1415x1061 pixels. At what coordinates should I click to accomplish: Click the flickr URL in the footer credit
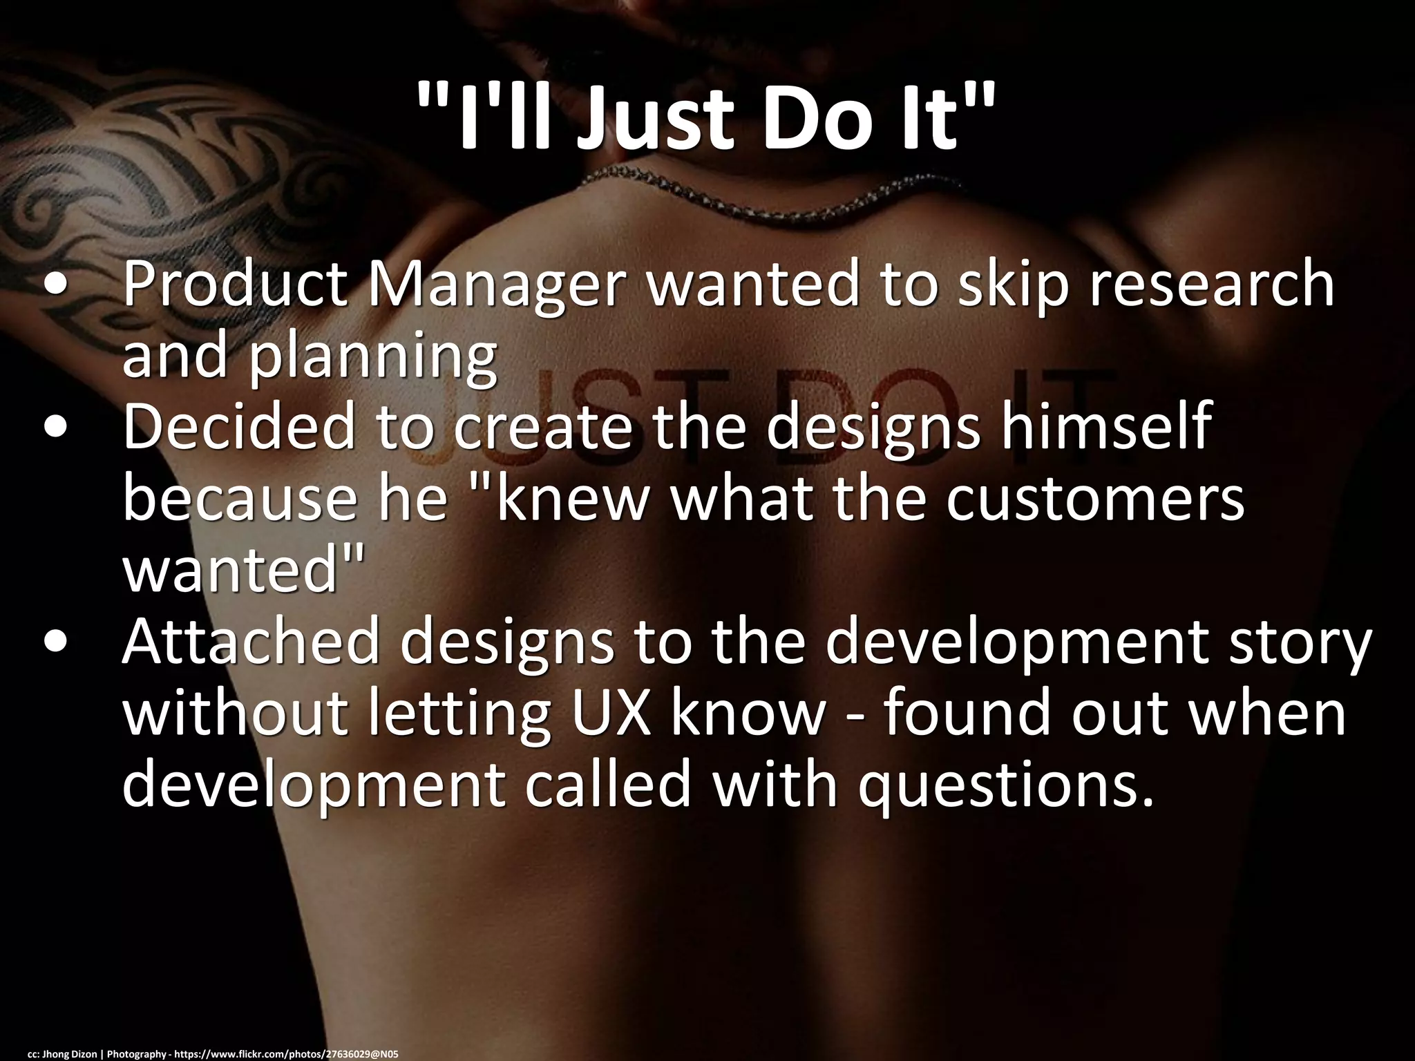287,1053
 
